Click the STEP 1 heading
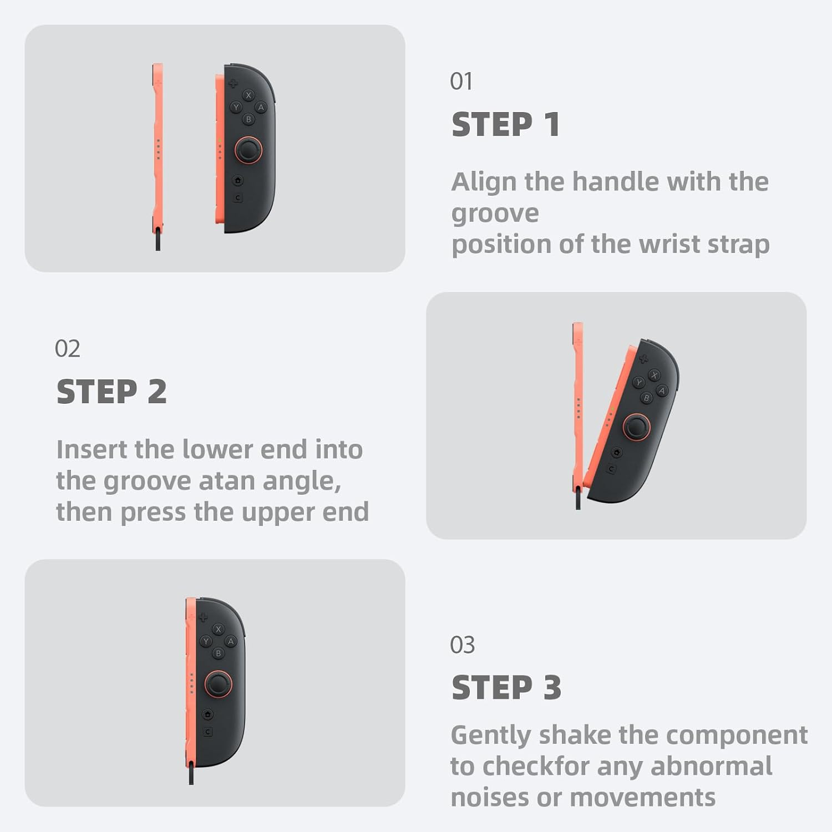tap(505, 124)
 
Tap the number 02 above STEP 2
tap(67, 349)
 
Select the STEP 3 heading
tap(506, 688)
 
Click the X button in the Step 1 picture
tap(248, 95)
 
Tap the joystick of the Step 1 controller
tap(248, 150)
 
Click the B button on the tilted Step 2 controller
tap(646, 398)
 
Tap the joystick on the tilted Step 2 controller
tap(636, 427)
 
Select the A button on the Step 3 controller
tap(231, 641)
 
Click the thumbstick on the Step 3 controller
tap(219, 684)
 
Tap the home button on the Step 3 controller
tap(207, 714)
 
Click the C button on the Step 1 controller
tap(237, 197)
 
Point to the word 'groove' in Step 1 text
tap(495, 214)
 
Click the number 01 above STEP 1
tap(461, 82)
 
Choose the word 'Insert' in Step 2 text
tap(91, 449)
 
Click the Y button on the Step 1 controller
tap(236, 108)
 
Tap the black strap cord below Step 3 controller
tap(191, 773)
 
